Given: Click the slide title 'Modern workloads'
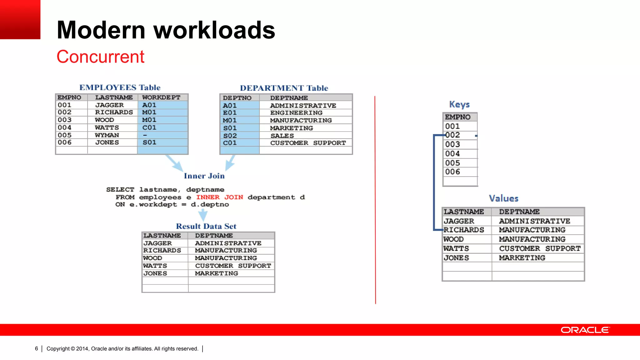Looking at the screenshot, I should [x=166, y=30].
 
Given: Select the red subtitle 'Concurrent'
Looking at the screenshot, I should [x=100, y=57].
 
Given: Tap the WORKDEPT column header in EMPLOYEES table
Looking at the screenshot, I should [x=161, y=97].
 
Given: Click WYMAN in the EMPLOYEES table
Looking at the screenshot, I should [x=107, y=135].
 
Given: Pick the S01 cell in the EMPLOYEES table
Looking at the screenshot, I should [x=149, y=142].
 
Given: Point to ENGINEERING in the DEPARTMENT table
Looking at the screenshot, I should [x=296, y=113].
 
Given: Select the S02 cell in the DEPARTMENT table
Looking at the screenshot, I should [x=230, y=136].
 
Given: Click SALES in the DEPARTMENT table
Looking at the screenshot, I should [x=282, y=136].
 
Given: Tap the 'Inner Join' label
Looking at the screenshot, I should [x=204, y=176].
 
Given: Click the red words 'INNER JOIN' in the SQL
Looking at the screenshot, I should [x=219, y=197].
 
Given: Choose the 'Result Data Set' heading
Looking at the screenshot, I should [x=206, y=226].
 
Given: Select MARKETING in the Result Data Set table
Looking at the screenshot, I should [x=216, y=273].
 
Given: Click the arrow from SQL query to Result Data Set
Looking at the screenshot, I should [x=203, y=215].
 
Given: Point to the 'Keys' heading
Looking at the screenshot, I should [x=459, y=104].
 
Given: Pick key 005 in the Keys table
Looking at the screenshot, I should [x=452, y=163].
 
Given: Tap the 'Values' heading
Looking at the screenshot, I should [x=503, y=198].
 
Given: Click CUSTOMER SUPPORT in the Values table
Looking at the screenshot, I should [x=540, y=249].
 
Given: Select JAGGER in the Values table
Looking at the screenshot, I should [x=459, y=221].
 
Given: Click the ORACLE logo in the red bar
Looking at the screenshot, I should [x=585, y=330].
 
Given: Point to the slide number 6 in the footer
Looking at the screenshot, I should [x=37, y=349].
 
